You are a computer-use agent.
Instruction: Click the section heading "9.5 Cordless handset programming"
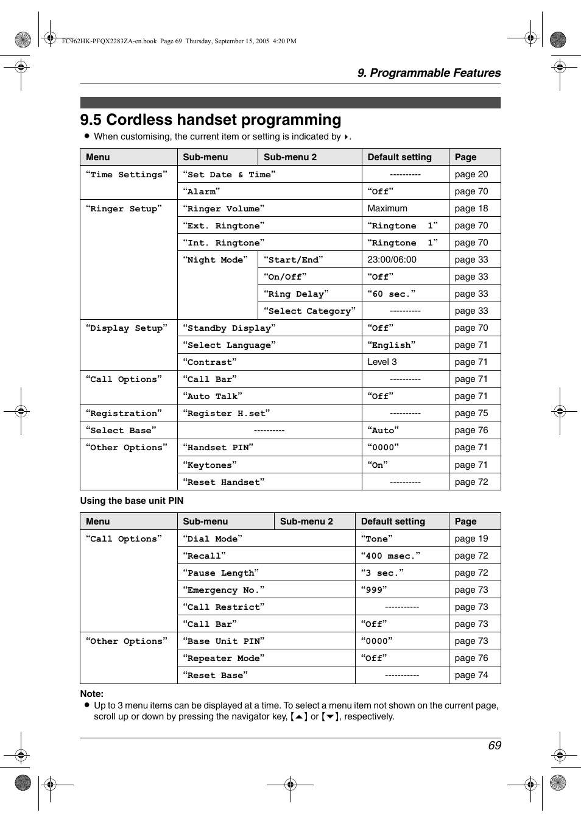point(211,120)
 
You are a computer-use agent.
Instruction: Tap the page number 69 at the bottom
point(494,746)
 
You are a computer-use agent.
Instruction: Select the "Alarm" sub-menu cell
point(202,191)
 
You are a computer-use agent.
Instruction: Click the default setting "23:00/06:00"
point(392,260)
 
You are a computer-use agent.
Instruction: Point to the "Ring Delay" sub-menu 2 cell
point(296,294)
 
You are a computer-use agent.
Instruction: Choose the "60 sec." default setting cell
point(392,294)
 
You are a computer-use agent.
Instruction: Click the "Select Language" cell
point(229,345)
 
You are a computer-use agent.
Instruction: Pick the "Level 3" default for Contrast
point(382,362)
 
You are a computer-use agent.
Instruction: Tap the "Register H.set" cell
point(227,413)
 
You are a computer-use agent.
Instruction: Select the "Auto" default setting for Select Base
point(383,430)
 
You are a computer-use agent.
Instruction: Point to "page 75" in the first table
point(471,413)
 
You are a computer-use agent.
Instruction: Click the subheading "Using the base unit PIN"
point(132,501)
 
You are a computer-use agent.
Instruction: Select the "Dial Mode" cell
point(213,539)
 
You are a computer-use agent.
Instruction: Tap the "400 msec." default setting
point(390,556)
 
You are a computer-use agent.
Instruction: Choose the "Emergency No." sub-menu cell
point(224,590)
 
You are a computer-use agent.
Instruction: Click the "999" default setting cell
point(374,590)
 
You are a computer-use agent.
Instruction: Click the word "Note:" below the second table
point(92,694)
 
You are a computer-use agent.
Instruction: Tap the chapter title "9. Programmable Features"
point(429,73)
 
